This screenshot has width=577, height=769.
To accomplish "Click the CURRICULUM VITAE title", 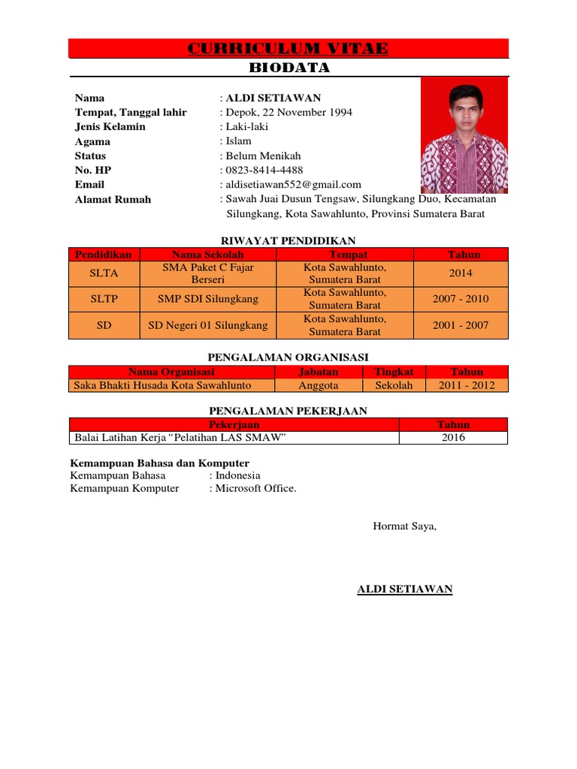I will point(288,49).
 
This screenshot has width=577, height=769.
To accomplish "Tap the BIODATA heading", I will point(288,68).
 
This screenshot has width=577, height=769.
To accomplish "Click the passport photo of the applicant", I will point(464,135).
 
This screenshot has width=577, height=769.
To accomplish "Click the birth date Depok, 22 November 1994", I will point(288,113).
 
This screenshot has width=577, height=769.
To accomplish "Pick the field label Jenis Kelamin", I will point(110,127).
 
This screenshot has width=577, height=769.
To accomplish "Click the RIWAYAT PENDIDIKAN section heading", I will point(288,240).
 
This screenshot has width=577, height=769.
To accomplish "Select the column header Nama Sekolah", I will point(208,255).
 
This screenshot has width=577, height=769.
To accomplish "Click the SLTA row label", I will point(104,273).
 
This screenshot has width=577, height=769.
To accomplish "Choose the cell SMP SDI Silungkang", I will point(208,299).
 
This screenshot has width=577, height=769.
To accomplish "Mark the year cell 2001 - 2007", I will point(461,326).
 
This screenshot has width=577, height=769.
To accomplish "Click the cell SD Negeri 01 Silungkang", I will point(208,326).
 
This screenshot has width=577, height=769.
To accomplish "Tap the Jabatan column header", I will point(319,372).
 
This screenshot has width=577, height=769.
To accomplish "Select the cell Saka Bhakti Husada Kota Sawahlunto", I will point(162,386).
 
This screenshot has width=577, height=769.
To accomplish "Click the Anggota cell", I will point(319,386).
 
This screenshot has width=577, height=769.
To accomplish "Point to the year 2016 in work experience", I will point(453,438).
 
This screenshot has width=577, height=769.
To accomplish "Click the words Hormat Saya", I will point(404,526).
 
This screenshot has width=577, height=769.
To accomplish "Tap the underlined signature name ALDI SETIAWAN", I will point(404,590).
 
